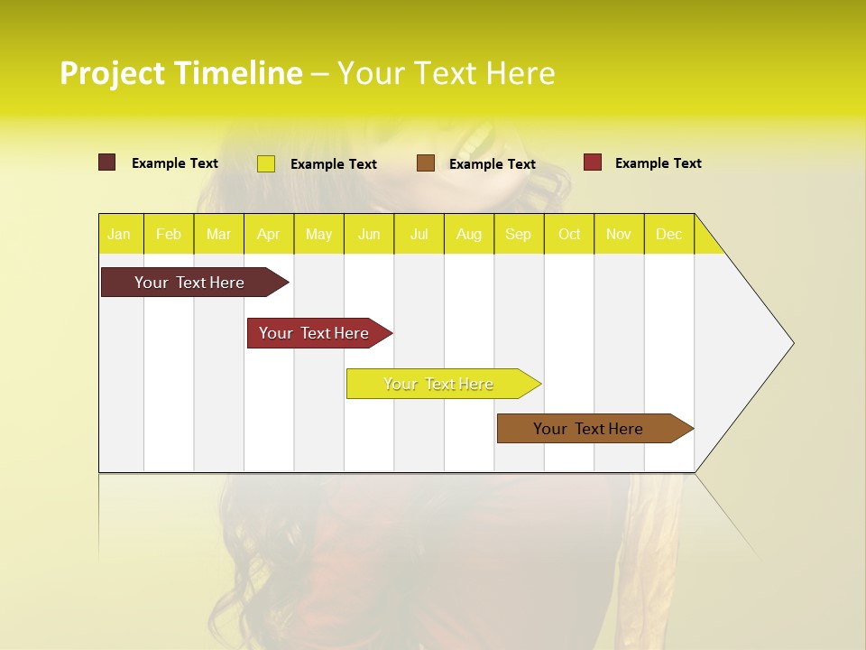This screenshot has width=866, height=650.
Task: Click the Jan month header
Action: tap(120, 234)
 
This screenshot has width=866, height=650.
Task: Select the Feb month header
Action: tap(169, 234)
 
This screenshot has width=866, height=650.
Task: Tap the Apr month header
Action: tap(268, 234)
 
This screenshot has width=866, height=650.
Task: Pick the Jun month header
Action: tap(369, 234)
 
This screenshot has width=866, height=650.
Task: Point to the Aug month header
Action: tap(469, 234)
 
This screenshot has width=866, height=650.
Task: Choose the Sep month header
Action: tap(519, 234)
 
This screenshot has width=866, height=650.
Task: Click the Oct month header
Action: tap(569, 234)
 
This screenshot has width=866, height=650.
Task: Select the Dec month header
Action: tap(669, 234)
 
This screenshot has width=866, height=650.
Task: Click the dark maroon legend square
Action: tap(106, 162)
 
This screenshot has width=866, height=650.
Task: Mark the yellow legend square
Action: tap(265, 163)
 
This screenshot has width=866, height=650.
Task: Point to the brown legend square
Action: tap(426, 163)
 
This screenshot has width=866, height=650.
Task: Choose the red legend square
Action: tap(593, 162)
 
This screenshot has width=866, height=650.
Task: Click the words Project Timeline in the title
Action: tap(180, 73)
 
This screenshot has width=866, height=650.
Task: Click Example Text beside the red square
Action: tap(658, 163)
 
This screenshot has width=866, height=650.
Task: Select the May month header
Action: tap(318, 234)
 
